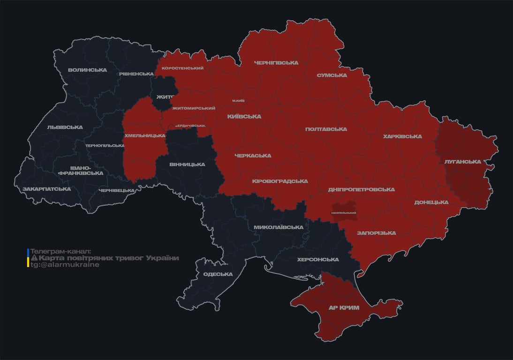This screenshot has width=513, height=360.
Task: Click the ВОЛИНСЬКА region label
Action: pos(87,70)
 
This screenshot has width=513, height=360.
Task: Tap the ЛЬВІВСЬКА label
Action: pos(65,127)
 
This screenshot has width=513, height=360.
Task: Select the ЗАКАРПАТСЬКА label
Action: pos(46,189)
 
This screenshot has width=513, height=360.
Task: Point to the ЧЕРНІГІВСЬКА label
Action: pos(276,63)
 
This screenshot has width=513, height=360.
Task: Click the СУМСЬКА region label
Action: pos(332,75)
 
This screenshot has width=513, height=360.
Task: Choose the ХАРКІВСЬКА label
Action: pos(402,136)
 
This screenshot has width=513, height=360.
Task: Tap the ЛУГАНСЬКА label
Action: pos(462,162)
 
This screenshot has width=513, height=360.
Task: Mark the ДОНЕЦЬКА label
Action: pos(431,202)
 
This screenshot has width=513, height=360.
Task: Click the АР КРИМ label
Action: pos(344,308)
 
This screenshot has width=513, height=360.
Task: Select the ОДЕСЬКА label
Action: pos(218,274)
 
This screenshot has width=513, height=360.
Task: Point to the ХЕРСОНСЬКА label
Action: pos(317,260)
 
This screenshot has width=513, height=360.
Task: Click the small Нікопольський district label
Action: pos(343,213)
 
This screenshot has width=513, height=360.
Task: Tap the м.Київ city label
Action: pos(238,101)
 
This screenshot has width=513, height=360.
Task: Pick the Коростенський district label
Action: pos(182,68)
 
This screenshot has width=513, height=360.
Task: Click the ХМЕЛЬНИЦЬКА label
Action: pos(144,135)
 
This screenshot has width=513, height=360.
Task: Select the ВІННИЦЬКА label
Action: pos(187,165)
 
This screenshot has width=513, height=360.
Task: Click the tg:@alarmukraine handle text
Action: pos(65,265)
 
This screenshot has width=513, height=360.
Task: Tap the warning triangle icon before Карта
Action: pos(34,258)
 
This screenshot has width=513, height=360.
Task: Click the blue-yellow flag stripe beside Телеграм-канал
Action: pos(28,258)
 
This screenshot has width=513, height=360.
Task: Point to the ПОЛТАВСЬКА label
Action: pos(326,129)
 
